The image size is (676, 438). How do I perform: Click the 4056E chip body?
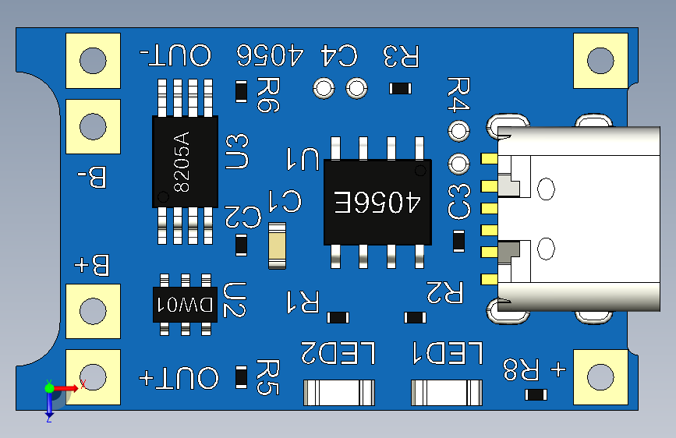(377, 203)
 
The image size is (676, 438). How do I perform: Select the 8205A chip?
(184, 161)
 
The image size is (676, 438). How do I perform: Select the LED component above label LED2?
(338, 391)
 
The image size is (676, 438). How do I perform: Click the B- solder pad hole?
(93, 126)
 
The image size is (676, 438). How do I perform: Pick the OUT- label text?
(175, 56)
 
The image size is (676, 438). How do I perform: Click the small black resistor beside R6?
(242, 92)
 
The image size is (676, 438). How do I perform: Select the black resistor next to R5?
(242, 377)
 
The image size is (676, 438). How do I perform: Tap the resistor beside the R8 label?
(536, 394)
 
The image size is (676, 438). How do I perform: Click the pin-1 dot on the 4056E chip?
(420, 170)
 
